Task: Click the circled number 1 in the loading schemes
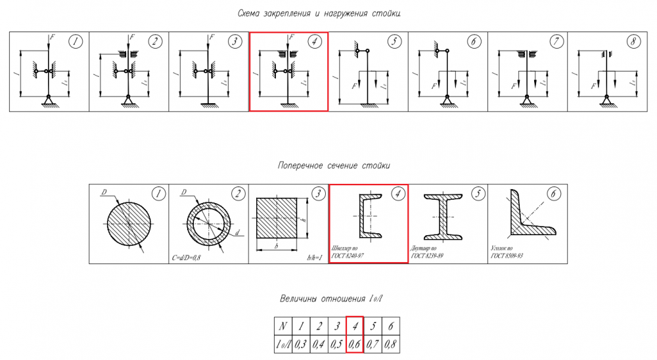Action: (77, 42)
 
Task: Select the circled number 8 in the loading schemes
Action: (632, 42)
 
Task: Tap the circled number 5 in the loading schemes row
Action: (394, 42)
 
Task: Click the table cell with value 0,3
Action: (301, 343)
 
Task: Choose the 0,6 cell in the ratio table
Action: (355, 343)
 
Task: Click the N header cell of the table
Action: (283, 326)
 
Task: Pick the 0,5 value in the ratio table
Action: (336, 343)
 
